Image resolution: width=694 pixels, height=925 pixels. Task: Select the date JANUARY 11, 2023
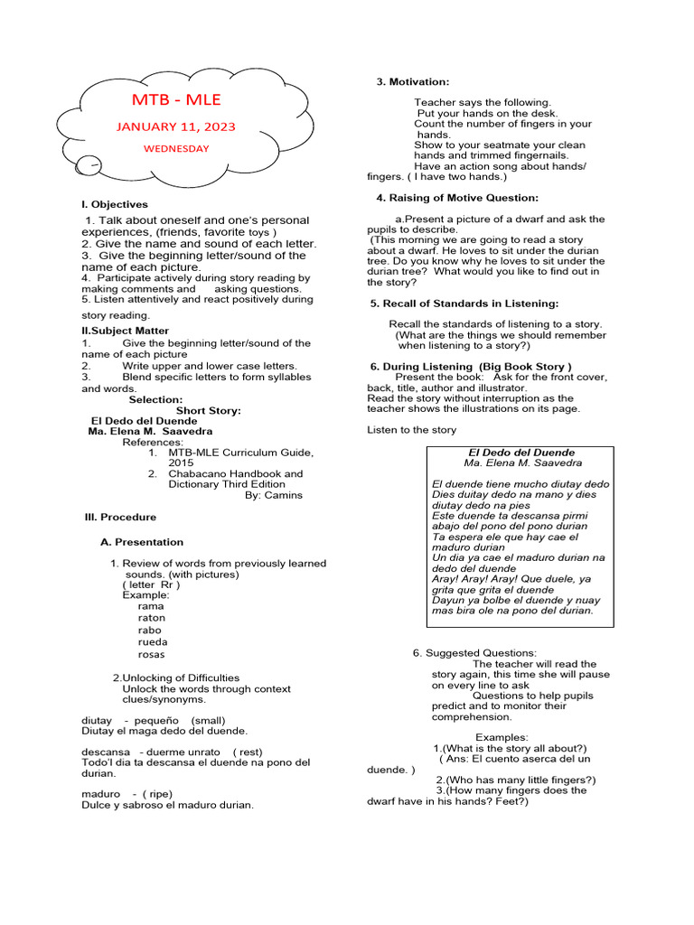[175, 127]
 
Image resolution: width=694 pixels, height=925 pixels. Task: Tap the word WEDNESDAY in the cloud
[178, 149]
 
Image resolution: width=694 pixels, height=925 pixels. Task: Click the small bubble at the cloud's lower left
[89, 164]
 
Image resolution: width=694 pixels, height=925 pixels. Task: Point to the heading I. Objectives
[115, 205]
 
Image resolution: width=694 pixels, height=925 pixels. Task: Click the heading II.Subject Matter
[125, 332]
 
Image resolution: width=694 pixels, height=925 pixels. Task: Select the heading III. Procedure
[120, 518]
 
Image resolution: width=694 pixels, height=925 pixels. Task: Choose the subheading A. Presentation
[141, 543]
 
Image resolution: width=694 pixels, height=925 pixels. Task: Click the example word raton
[152, 619]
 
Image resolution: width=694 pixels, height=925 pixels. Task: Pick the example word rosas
[152, 655]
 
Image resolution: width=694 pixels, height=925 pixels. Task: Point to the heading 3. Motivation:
[412, 83]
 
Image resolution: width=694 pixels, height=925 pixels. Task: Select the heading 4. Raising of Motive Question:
[457, 198]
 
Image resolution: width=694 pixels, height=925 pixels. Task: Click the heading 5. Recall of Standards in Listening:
[464, 304]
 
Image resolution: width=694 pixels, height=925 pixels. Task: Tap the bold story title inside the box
[520, 453]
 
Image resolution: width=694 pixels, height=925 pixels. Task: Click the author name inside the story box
[522, 463]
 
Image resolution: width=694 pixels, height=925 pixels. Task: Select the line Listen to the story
[411, 430]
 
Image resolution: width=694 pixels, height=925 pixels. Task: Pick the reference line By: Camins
[274, 496]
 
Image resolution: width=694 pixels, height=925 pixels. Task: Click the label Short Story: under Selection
[208, 411]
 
